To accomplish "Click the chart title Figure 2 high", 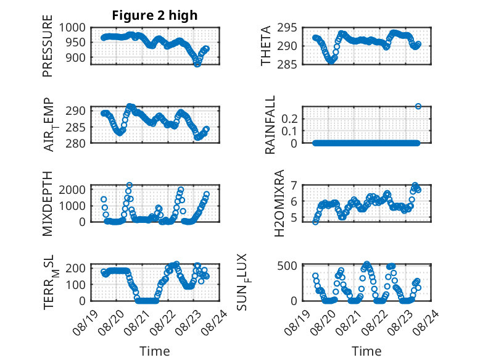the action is pyautogui.click(x=155, y=15).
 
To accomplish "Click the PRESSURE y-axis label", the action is pyautogui.click(x=48, y=46).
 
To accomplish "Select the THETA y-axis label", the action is pyautogui.click(x=266, y=46).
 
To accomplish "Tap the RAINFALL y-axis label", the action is pyautogui.click(x=270, y=125).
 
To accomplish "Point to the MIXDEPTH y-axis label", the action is pyautogui.click(x=48, y=204).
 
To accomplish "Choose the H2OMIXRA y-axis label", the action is pyautogui.click(x=279, y=203).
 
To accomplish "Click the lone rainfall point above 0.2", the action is pyautogui.click(x=418, y=106).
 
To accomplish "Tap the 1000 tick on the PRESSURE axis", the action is pyautogui.click(x=72, y=28).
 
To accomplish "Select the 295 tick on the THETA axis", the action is pyautogui.click(x=287, y=28).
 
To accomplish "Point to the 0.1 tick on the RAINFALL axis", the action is pyautogui.click(x=289, y=131).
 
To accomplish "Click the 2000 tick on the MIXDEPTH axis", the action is pyautogui.click(x=72, y=190).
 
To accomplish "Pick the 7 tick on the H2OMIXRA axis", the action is pyautogui.click(x=294, y=185).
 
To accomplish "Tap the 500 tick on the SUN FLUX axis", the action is pyautogui.click(x=287, y=266).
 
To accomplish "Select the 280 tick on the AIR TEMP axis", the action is pyautogui.click(x=75, y=143).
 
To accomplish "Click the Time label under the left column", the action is pyautogui.click(x=155, y=351).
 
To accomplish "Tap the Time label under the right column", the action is pyautogui.click(x=366, y=351).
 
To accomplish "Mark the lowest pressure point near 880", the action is pyautogui.click(x=197, y=64).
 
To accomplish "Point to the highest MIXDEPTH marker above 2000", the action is pyautogui.click(x=130, y=185).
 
